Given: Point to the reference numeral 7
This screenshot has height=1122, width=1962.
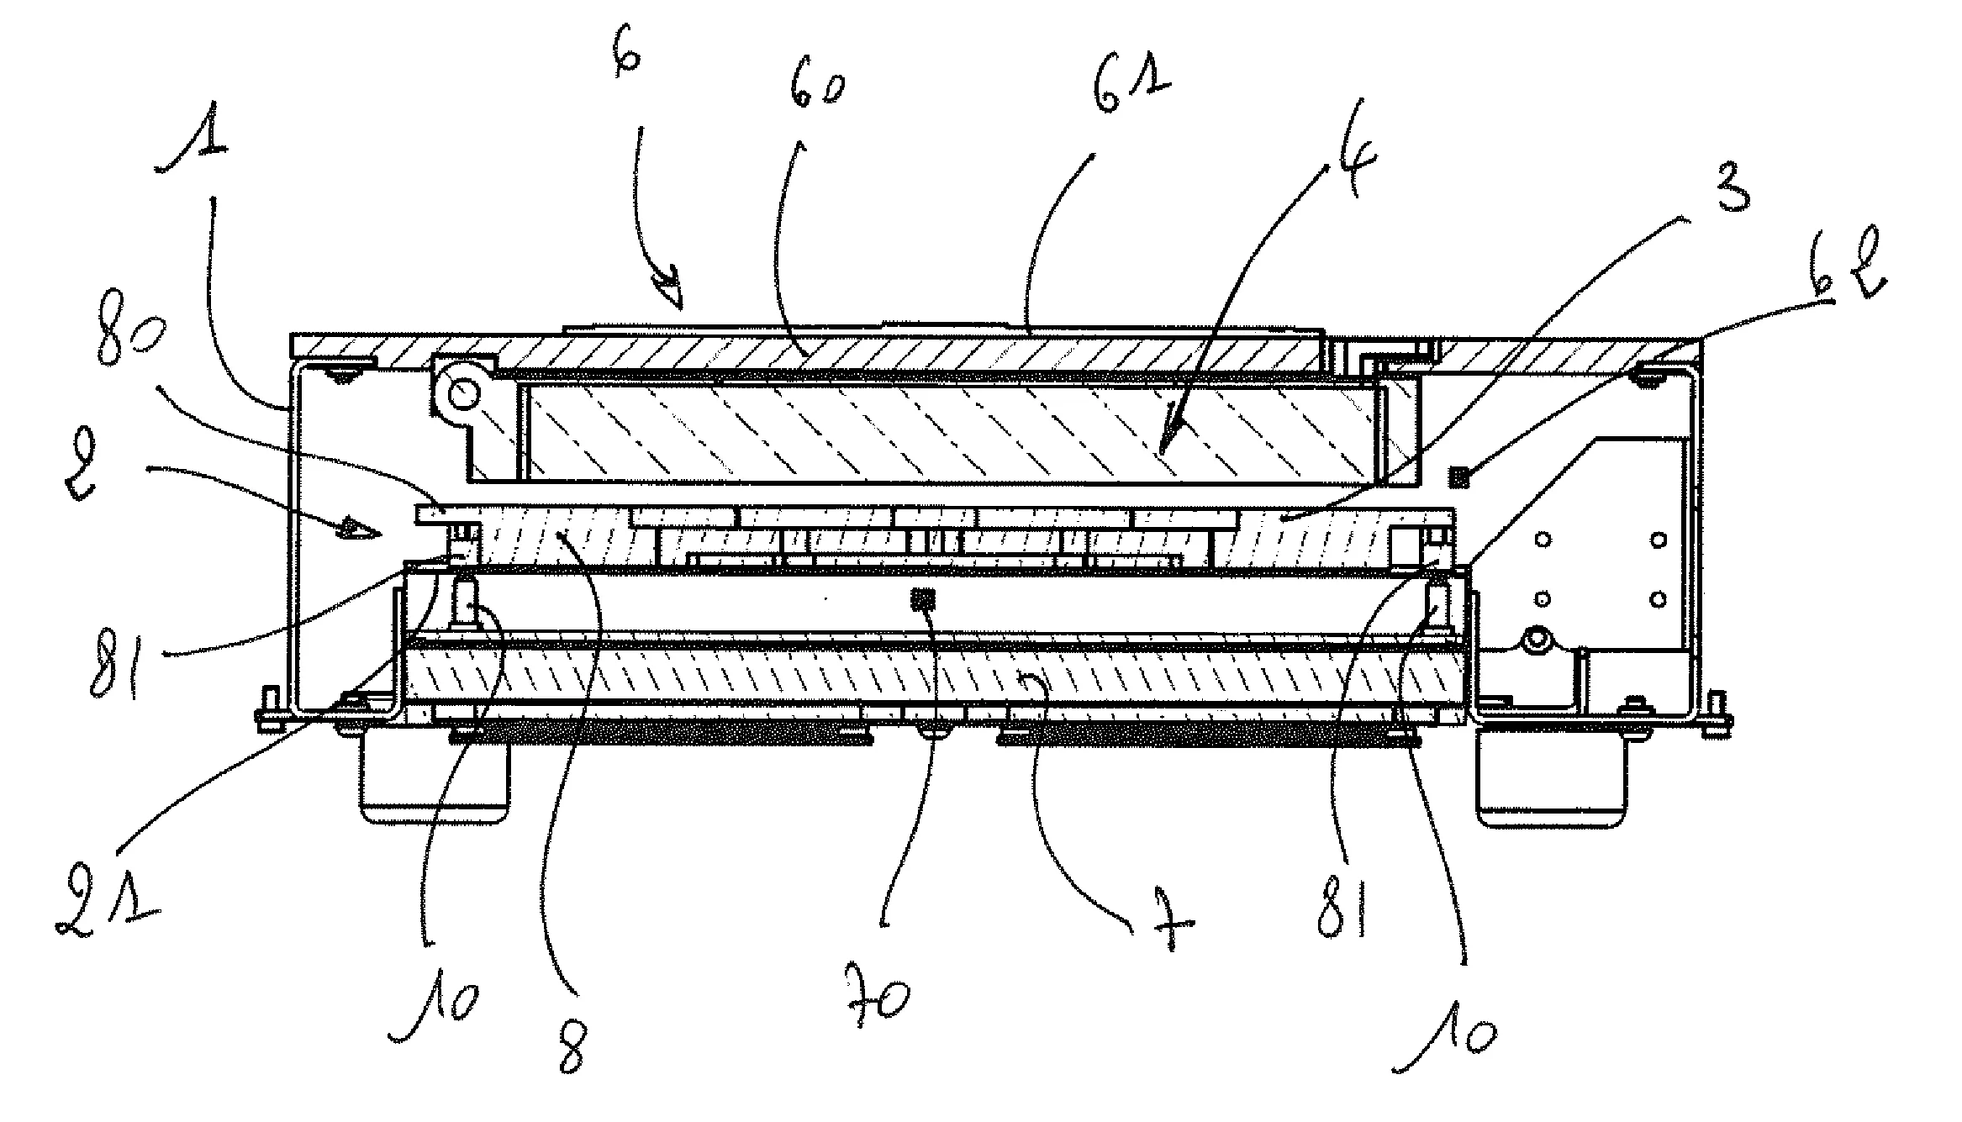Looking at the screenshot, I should (1169, 929).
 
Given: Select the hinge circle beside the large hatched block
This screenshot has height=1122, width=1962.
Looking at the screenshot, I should (461, 392).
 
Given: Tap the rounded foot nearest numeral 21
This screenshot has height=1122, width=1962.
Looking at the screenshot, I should (435, 782).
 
